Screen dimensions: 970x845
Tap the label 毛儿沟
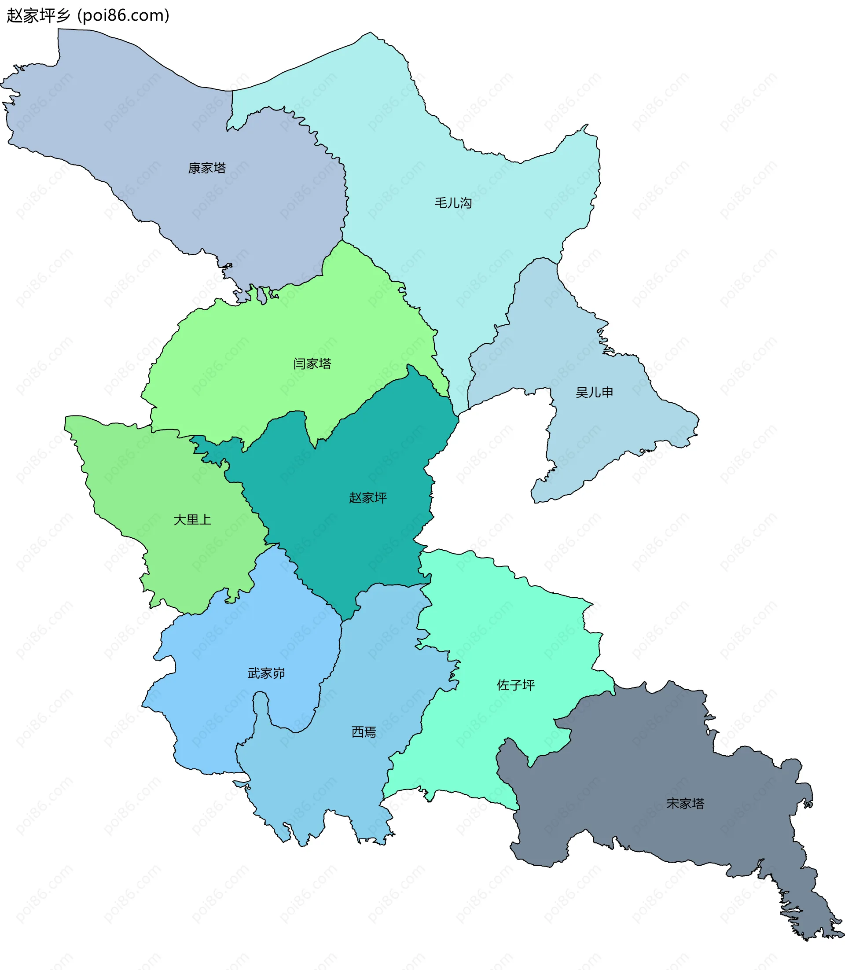point(453,203)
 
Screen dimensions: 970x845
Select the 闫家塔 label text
point(312,364)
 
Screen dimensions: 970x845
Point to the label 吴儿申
point(594,392)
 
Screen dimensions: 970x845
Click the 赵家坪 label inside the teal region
point(368,497)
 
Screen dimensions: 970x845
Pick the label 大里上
point(192,520)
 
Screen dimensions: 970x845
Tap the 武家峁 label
point(266,673)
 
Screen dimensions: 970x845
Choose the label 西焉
point(364,732)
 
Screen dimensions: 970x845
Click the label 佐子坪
point(516,685)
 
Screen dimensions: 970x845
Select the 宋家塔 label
point(685,803)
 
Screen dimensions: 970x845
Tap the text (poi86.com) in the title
point(123,15)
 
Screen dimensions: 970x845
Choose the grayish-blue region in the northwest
point(141,118)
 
